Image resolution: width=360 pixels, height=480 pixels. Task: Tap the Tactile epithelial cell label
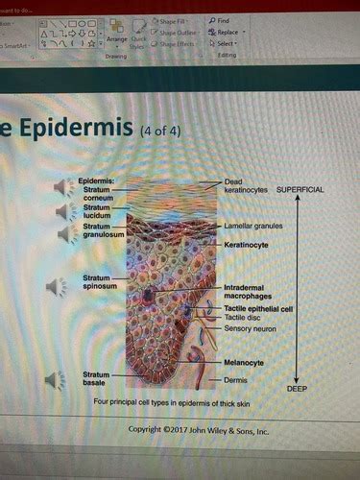(258, 308)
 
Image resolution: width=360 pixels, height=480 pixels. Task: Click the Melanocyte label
(245, 363)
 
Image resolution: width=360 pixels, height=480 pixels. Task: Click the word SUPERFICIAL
(300, 190)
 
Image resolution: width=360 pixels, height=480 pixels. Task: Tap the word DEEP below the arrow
(297, 389)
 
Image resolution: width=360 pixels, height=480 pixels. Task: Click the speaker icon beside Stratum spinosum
(56, 285)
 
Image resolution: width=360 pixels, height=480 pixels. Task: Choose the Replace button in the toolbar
(227, 32)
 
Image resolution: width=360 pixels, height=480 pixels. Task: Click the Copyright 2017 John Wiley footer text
(199, 429)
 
